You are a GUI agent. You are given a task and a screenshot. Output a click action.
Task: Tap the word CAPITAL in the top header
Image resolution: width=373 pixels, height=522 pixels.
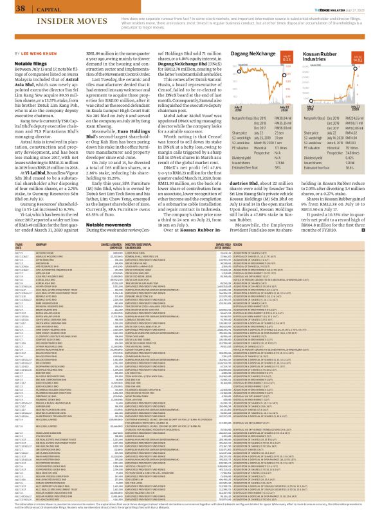(42, 8)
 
